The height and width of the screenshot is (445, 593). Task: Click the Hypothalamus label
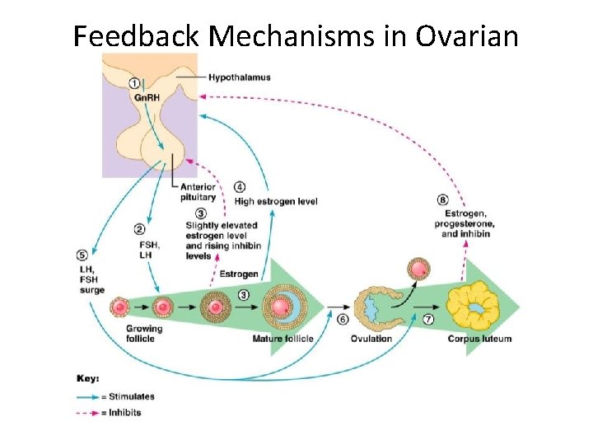[x=239, y=77]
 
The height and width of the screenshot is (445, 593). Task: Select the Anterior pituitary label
[x=198, y=192]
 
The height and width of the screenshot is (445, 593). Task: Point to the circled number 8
[x=443, y=199]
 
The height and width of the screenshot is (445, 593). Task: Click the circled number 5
[x=82, y=255]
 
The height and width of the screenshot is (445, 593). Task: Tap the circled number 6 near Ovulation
[x=343, y=319]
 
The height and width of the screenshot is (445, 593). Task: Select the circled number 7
[x=428, y=319]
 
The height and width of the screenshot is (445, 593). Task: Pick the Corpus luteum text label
[x=479, y=339]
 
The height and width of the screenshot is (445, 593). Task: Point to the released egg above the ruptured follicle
[x=419, y=269]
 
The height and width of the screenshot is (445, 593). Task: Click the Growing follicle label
[x=144, y=334]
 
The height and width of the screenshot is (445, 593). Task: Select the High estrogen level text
[x=276, y=202]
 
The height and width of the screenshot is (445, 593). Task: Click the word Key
[x=88, y=379]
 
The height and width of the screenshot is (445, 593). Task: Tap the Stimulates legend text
[x=132, y=396]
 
